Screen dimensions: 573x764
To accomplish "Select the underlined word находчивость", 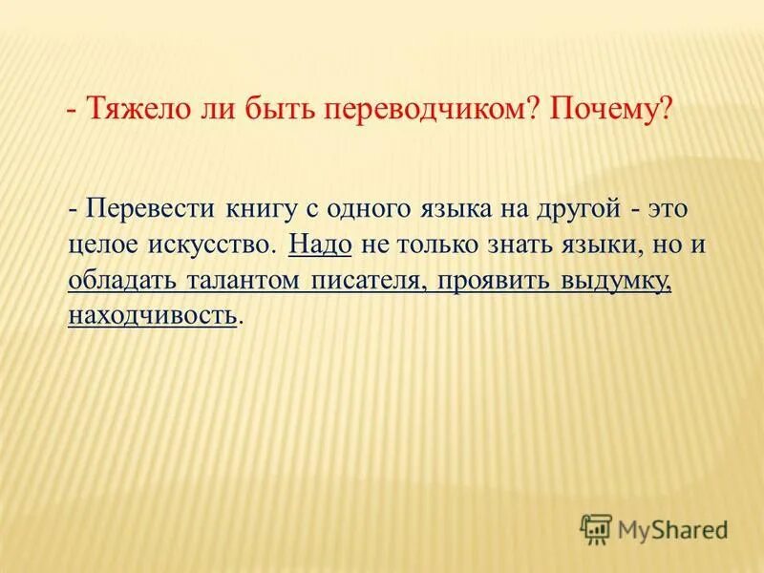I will [x=152, y=316].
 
